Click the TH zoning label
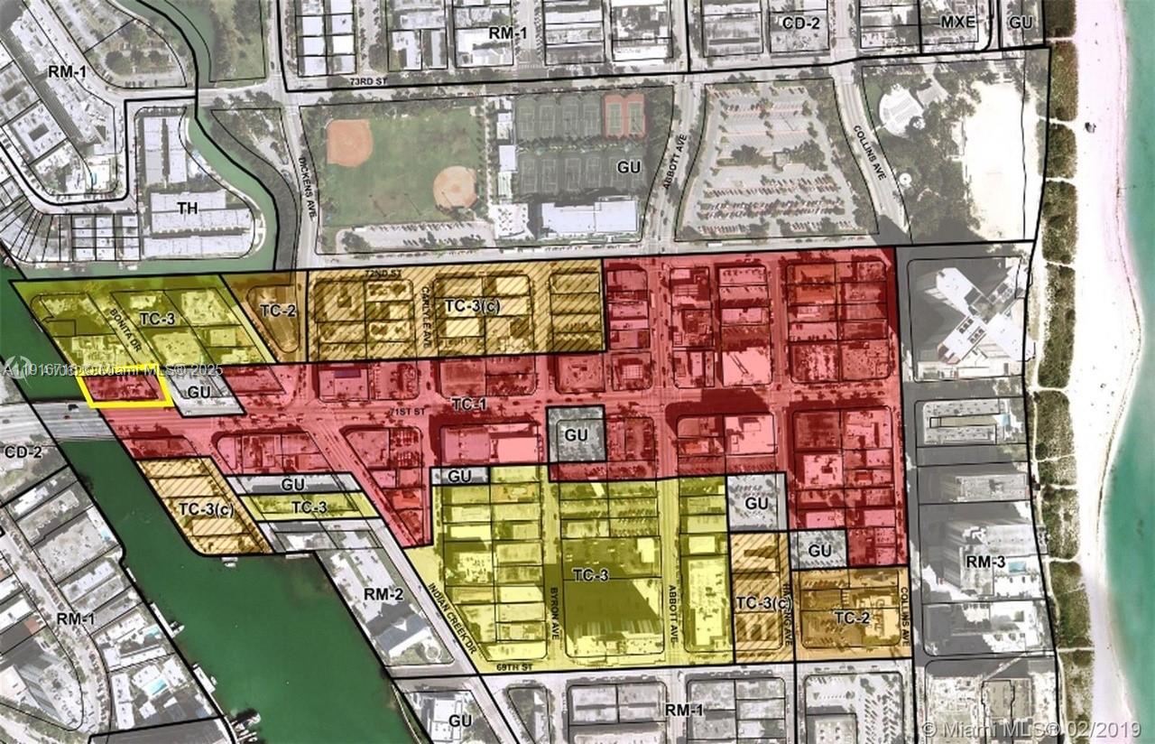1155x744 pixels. coord(187,209)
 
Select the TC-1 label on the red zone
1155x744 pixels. coord(468,404)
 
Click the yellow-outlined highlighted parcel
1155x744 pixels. coord(125,387)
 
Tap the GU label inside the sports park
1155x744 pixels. coord(628,168)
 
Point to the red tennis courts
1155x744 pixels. coord(624,114)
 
